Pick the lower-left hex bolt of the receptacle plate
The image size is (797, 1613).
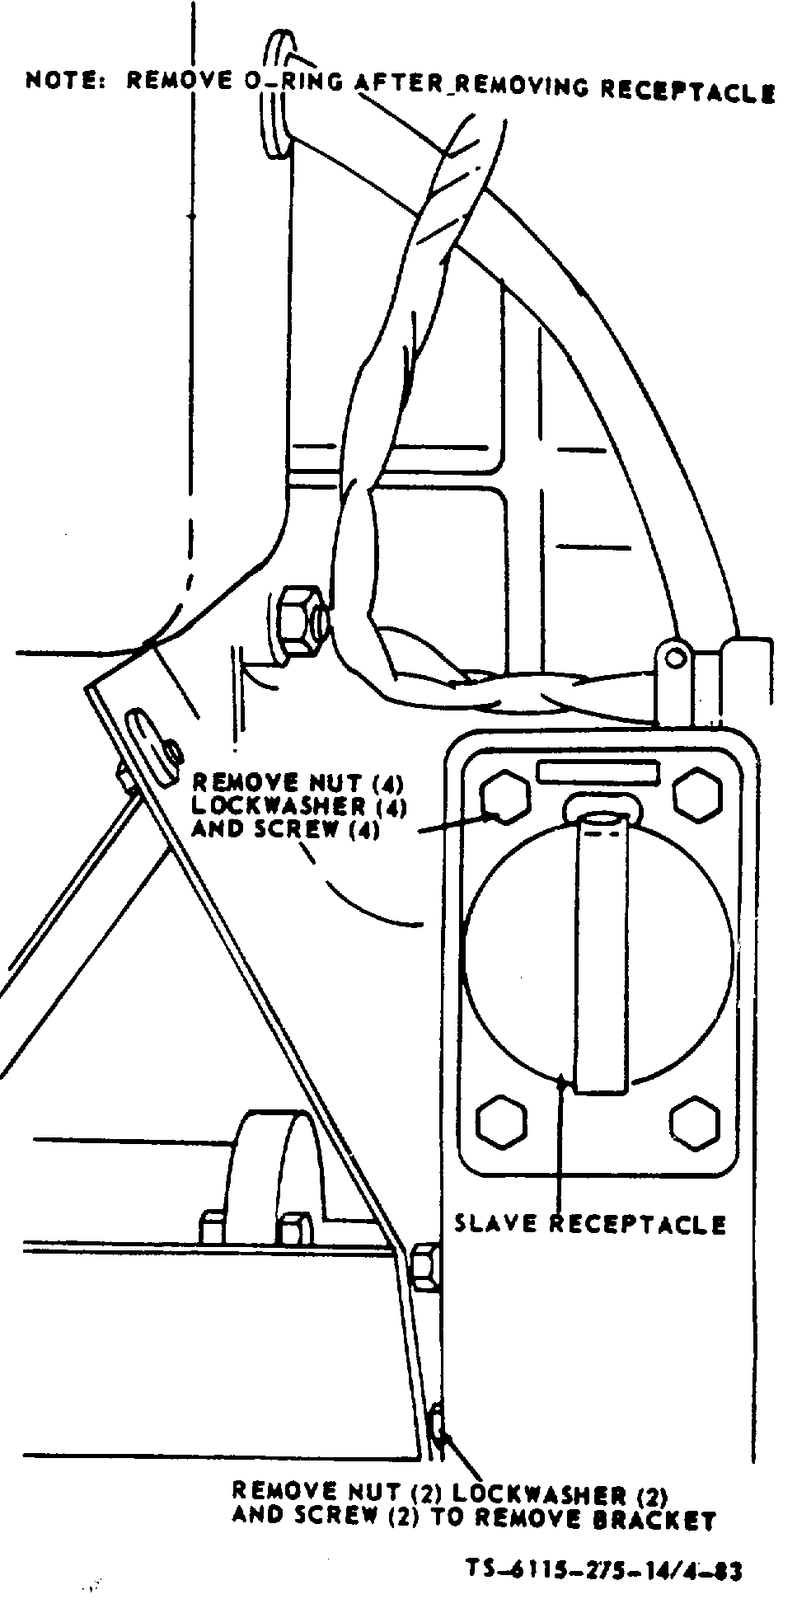[x=501, y=1122]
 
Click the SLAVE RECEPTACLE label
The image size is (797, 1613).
[x=590, y=1224]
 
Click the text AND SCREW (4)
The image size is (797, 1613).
[x=286, y=829]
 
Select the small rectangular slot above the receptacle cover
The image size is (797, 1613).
[x=597, y=771]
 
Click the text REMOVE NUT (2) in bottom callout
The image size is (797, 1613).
[x=339, y=1492]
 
